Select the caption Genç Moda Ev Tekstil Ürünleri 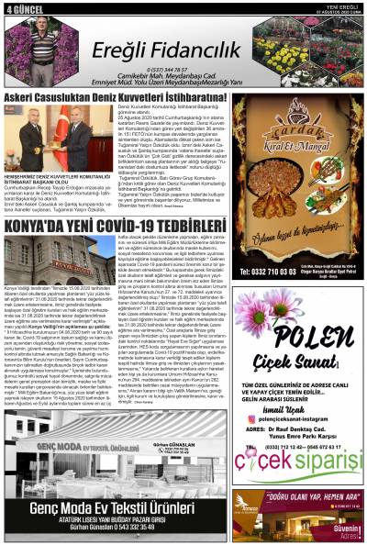coord(114,506)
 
